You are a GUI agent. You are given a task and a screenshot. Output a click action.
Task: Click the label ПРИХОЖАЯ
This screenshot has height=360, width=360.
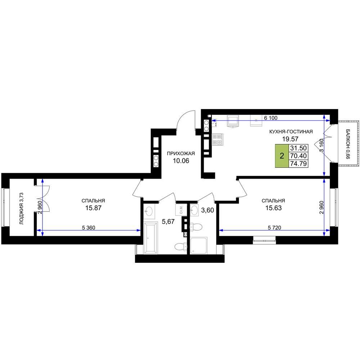tap(181, 153)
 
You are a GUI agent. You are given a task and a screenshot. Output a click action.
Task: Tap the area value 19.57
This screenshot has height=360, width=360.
tap(290, 139)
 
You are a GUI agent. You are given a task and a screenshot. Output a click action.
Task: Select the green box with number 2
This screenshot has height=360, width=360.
tap(282, 156)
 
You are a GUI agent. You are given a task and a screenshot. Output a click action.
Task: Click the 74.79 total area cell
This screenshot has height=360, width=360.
tap(298, 164)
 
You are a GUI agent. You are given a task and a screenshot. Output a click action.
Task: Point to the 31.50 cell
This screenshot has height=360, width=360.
tap(298, 148)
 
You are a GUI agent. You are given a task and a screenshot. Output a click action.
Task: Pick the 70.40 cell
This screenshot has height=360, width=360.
tap(298, 156)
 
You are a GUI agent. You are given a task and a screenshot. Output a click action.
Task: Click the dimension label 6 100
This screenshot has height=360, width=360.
tap(271, 118)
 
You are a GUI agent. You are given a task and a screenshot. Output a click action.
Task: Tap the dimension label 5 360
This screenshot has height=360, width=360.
tap(89, 228)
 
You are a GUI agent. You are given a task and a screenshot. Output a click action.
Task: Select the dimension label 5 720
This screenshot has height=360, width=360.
tap(274, 228)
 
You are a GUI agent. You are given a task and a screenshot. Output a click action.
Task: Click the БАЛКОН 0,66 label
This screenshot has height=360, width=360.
tap(348, 144)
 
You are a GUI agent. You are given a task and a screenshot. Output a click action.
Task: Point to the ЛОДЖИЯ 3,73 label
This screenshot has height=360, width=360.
tap(21, 208)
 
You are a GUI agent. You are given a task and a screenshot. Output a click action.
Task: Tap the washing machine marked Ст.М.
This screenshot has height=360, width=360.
tap(181, 210)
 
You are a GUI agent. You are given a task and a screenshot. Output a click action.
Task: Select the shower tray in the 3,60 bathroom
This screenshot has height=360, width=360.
tap(199, 246)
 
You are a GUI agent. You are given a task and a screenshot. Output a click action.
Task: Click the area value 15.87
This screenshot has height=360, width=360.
tap(94, 208)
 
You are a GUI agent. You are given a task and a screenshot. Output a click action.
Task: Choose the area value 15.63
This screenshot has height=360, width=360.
tap(274, 208)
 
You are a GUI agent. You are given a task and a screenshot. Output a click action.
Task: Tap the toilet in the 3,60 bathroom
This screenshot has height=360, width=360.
tap(195, 227)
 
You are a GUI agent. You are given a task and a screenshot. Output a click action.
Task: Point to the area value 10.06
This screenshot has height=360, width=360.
tap(181, 161)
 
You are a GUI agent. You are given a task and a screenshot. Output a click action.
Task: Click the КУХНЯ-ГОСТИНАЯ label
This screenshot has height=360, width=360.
tap(291, 131)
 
